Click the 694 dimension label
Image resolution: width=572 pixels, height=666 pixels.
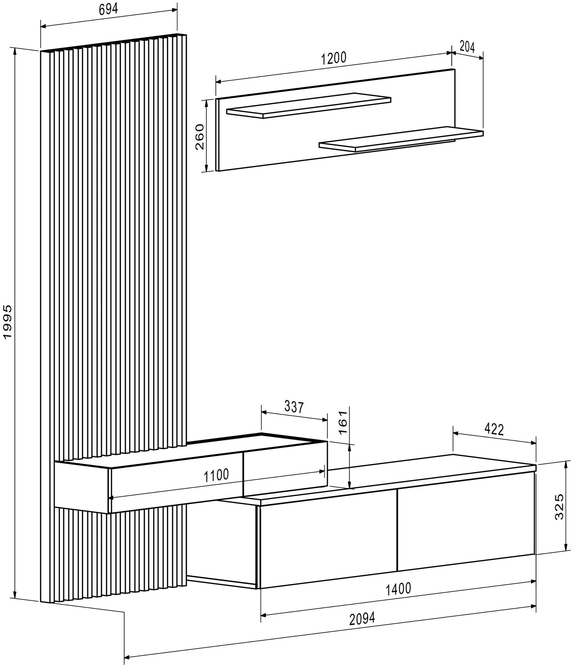(x=108, y=10)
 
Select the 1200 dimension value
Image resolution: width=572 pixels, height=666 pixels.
(x=334, y=58)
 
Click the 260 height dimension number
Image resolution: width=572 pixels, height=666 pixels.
(x=199, y=136)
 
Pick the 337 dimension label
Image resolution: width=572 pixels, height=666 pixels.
(x=294, y=407)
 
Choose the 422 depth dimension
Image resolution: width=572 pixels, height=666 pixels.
(x=494, y=429)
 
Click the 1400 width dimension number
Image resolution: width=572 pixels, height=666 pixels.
(x=398, y=588)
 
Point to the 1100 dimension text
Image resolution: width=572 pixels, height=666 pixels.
(x=216, y=475)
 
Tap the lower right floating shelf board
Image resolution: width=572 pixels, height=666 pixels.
(x=401, y=139)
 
